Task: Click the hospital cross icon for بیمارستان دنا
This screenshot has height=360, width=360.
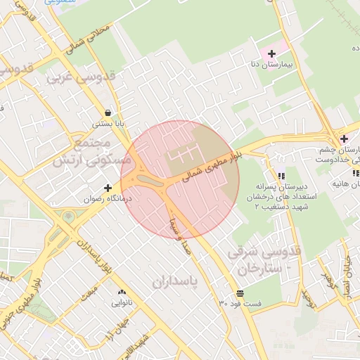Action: (272, 53)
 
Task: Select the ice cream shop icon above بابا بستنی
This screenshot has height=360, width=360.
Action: (108, 112)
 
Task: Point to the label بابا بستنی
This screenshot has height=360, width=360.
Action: (108, 124)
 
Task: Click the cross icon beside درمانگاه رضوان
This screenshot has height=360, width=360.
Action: (108, 188)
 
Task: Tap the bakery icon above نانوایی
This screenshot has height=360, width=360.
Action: (122, 292)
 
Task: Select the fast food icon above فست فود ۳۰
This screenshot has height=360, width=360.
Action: (240, 292)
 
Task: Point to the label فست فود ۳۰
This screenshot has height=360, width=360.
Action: (240, 304)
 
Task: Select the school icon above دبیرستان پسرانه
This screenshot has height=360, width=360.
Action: (281, 176)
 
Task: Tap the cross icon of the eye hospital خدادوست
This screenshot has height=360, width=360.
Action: (344, 139)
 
